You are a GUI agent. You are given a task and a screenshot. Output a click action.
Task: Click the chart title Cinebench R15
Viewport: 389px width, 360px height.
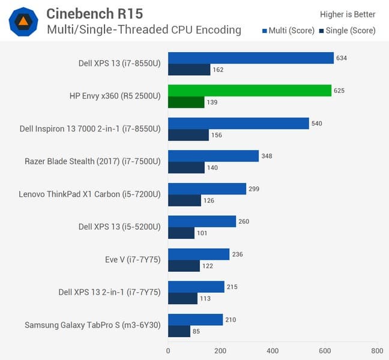(x=94, y=13)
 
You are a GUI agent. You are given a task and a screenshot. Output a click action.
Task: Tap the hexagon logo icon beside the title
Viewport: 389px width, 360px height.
(x=23, y=21)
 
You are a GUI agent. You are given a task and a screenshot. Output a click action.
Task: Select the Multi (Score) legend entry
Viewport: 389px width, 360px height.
(x=287, y=31)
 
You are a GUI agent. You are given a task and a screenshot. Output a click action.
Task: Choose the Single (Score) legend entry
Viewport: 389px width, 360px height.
(x=347, y=31)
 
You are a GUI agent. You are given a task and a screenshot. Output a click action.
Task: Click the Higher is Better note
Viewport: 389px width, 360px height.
(x=348, y=14)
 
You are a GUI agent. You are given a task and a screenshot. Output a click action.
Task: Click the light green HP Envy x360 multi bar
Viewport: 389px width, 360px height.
(x=249, y=91)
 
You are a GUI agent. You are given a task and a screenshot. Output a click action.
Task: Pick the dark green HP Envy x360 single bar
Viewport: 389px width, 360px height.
(x=186, y=103)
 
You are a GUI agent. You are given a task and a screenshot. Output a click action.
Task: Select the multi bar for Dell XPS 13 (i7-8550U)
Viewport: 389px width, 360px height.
(x=250, y=58)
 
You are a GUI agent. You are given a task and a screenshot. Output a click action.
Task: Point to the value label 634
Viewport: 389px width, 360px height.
(x=342, y=58)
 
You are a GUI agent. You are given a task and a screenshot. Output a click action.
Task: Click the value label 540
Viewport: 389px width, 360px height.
(x=317, y=123)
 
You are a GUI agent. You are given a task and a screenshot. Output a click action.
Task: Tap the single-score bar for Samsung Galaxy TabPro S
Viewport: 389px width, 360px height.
(x=179, y=331)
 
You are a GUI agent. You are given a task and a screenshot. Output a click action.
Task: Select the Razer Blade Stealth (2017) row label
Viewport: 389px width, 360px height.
(x=92, y=161)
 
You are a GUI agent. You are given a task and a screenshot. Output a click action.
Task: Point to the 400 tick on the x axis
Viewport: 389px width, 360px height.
(x=273, y=350)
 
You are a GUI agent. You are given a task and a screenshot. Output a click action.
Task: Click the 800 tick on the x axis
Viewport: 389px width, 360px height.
(x=377, y=350)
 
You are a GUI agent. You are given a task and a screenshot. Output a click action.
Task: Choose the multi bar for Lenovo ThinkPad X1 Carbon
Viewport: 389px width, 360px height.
(x=207, y=188)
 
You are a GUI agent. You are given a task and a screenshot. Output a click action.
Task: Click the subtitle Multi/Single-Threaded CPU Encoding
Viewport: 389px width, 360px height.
(x=144, y=30)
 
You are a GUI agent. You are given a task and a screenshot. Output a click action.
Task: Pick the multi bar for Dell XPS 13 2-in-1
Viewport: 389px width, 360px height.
(x=196, y=287)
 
